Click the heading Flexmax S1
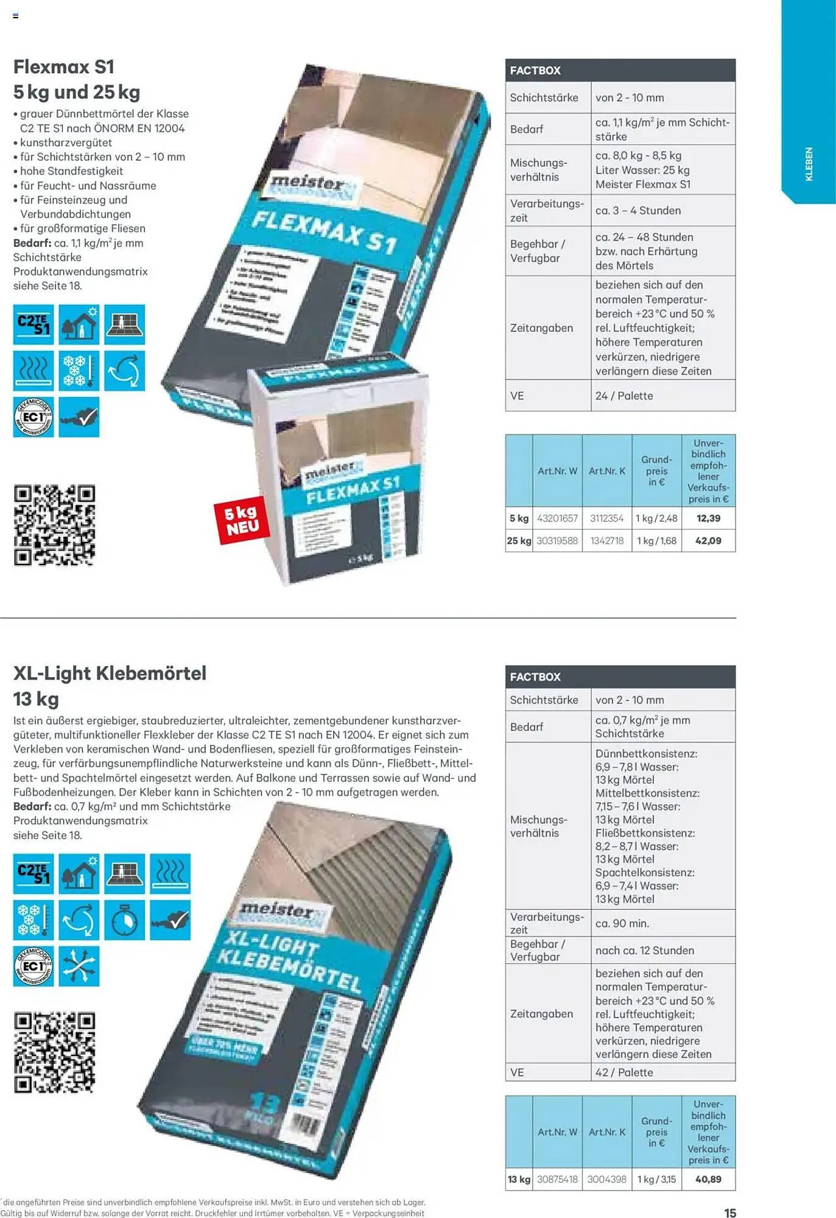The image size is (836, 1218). (x=64, y=67)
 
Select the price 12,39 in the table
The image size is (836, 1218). (x=708, y=518)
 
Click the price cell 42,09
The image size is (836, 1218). (x=708, y=541)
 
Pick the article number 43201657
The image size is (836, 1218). (x=557, y=518)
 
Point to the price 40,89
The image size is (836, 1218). (x=708, y=1180)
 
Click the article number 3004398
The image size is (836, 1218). (x=606, y=1180)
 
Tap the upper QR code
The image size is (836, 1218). (x=55, y=525)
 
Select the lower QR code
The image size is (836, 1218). (x=55, y=1052)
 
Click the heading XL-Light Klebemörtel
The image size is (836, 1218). (x=110, y=674)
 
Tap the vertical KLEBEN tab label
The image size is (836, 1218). (x=809, y=164)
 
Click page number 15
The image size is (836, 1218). (x=730, y=1213)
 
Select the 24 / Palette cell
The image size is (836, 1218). (x=624, y=396)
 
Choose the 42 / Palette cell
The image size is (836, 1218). (x=624, y=1072)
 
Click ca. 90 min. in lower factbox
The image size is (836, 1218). (x=622, y=923)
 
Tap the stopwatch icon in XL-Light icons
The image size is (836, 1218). (x=124, y=920)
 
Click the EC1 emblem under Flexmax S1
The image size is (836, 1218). (x=33, y=417)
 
